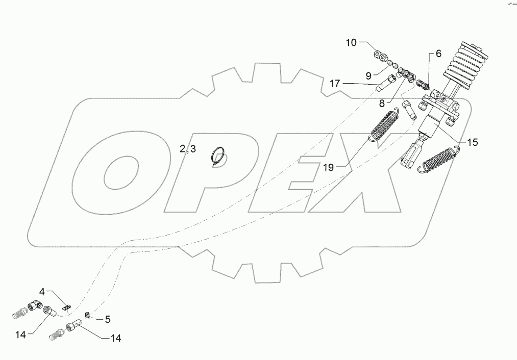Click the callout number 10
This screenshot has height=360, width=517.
[351, 42]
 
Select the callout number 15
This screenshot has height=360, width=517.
[473, 143]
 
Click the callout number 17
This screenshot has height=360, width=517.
[334, 84]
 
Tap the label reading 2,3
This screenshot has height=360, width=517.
[187, 149]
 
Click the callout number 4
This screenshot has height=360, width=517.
[43, 292]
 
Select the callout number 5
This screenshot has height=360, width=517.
[108, 320]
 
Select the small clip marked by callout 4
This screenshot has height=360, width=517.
[66, 306]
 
